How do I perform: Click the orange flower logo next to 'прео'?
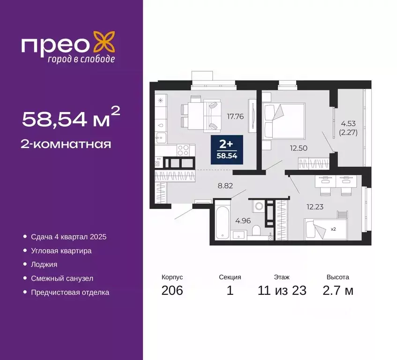point(104,42)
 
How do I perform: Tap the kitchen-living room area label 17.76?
point(235,116)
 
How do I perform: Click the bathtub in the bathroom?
point(222,220)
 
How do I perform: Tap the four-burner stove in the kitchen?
point(183,150)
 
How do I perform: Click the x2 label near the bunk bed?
point(334,230)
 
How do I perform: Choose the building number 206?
point(172,291)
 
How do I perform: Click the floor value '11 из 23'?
point(282,291)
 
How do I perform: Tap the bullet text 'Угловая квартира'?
point(61,251)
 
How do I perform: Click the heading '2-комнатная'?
point(66,144)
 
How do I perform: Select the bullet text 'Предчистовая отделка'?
point(70,292)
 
